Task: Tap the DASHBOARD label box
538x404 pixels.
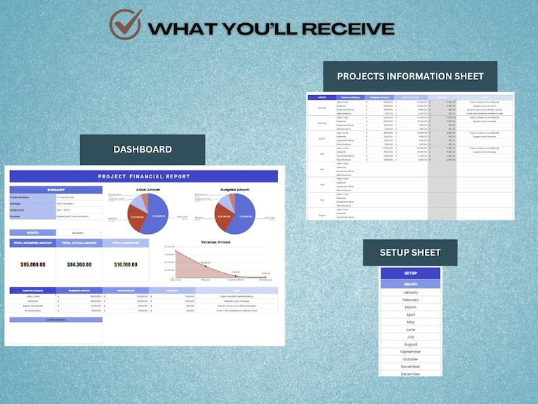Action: point(142,149)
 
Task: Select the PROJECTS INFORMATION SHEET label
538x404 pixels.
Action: point(410,76)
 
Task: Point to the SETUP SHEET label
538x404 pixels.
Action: point(410,252)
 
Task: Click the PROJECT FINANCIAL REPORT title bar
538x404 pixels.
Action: point(144,176)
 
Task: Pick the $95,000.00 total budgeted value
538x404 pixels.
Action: point(33,265)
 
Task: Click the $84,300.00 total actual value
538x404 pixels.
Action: point(79,265)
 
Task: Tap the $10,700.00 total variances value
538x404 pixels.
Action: point(125,265)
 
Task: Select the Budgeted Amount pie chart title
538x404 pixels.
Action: point(235,190)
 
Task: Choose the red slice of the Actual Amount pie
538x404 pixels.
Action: point(138,218)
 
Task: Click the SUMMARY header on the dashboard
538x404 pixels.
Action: point(56,190)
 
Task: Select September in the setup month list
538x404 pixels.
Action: point(411,352)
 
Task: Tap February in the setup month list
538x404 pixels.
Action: point(411,300)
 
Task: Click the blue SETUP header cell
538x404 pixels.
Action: point(411,273)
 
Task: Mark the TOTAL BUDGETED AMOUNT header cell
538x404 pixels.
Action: point(33,242)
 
